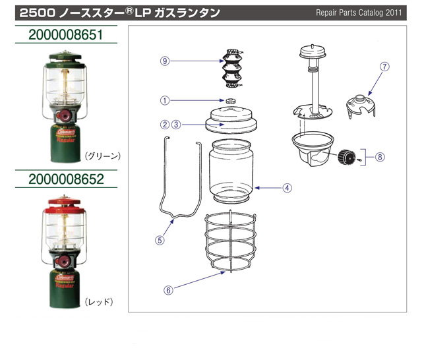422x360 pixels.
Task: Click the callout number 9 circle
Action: [165, 61]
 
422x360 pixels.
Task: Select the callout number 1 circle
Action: [165, 100]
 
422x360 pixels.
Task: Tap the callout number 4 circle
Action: [287, 187]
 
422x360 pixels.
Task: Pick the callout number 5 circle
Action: [159, 240]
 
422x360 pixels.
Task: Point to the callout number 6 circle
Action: [168, 289]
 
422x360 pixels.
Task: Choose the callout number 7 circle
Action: [385, 66]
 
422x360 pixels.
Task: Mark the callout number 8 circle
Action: [379, 157]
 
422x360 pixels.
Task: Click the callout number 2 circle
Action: [165, 124]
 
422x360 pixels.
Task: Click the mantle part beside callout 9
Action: [231, 68]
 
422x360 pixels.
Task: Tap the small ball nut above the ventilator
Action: [231, 101]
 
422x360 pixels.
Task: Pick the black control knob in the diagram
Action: [346, 158]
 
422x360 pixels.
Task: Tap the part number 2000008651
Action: [66, 34]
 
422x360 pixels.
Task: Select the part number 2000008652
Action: [66, 179]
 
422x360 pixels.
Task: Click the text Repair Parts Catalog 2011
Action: [358, 13]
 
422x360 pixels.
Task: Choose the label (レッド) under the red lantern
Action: [100, 301]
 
